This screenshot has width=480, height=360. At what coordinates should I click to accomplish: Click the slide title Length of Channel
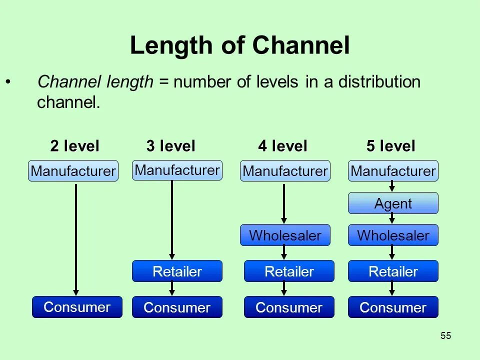tap(239, 46)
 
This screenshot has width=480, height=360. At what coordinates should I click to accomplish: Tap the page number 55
tap(446, 336)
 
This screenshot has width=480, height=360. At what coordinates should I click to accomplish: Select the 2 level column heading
tap(74, 146)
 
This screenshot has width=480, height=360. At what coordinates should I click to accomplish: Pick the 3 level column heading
tap(170, 146)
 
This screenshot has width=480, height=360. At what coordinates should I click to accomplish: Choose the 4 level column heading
tap(282, 146)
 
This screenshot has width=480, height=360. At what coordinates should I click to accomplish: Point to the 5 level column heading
tap(390, 146)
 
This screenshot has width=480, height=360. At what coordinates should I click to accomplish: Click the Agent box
tap(393, 203)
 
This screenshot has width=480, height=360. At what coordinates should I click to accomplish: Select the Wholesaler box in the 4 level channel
tap(285, 235)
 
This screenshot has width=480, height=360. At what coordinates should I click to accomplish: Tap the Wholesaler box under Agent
tap(393, 235)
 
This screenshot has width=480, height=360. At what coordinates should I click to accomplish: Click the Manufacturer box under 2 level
tap(73, 171)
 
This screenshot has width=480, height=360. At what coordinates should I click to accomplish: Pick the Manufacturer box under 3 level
tap(177, 170)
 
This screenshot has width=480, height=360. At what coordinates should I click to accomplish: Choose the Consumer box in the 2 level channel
tap(77, 307)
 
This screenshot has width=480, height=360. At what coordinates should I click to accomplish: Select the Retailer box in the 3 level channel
tap(177, 271)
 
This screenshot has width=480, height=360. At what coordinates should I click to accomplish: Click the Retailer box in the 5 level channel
tap(393, 271)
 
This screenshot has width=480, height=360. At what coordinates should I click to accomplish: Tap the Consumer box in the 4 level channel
tap(289, 307)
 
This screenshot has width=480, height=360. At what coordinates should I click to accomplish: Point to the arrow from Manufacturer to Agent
tap(392, 186)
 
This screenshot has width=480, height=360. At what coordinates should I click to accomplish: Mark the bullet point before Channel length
tap(7, 81)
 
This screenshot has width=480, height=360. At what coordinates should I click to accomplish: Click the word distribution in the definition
tap(379, 82)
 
